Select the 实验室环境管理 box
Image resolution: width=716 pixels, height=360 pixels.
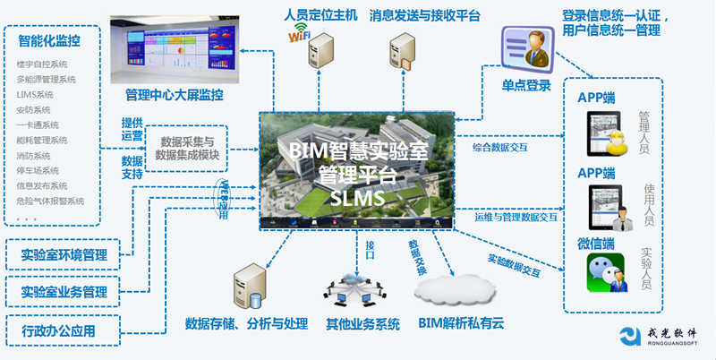tap(64, 255)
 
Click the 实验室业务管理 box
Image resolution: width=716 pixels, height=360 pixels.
tap(64, 292)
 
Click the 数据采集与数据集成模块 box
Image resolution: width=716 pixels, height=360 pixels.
tap(187, 149)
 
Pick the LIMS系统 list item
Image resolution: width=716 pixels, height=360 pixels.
tap(35, 94)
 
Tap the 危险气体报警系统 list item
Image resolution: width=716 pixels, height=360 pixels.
tap(50, 201)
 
